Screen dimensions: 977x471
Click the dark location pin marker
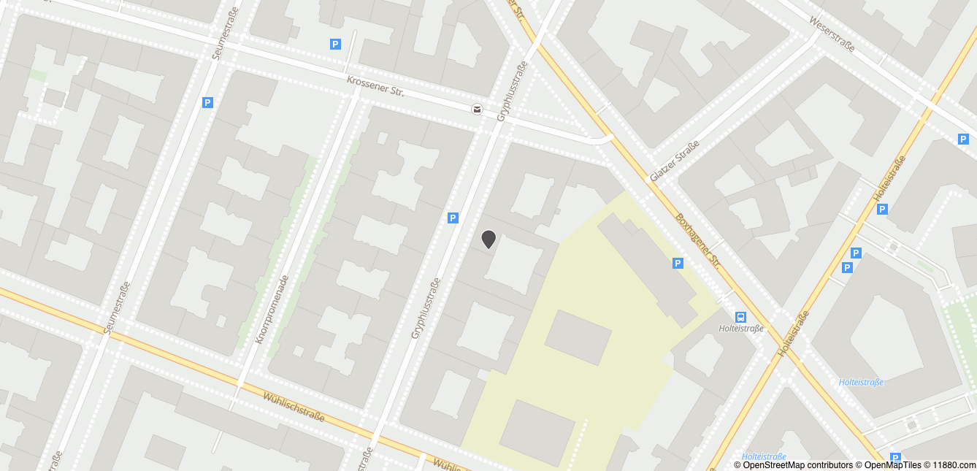click(x=488, y=239)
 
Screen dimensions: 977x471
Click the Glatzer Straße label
click(x=674, y=161)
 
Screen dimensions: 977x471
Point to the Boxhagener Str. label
click(x=697, y=241)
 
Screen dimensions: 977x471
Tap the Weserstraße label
click(x=832, y=34)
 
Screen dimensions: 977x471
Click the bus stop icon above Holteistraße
click(x=741, y=317)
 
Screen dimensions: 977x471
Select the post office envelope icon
click(x=476, y=110)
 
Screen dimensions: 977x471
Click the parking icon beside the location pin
click(x=453, y=218)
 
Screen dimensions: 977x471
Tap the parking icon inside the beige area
click(x=678, y=263)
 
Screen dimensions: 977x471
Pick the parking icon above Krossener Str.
click(x=335, y=45)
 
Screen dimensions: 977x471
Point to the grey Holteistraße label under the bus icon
click(x=741, y=329)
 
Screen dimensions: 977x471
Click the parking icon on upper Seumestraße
click(x=207, y=103)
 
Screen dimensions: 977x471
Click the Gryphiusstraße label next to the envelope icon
click(x=512, y=91)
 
